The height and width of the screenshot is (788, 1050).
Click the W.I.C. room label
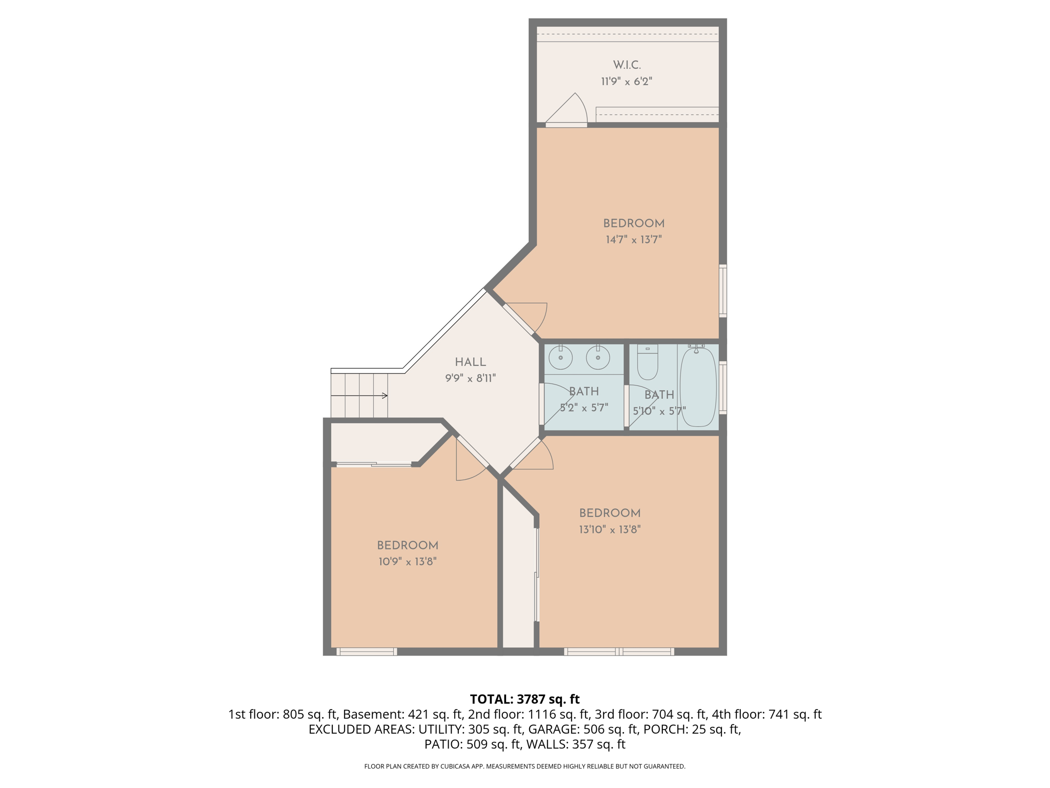point(627,65)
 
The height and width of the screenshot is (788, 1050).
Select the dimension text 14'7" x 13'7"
point(634,240)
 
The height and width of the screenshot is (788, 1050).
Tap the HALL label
point(470,362)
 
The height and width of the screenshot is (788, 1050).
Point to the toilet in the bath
point(648,362)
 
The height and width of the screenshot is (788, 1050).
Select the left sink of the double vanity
point(560,357)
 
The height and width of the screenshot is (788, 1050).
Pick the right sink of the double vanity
point(598,357)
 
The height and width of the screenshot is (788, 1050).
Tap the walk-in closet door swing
point(568,110)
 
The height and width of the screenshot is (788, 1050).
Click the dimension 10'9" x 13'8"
point(407,562)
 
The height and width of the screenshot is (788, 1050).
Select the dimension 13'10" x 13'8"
point(610,529)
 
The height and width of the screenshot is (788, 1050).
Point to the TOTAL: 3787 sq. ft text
point(524,699)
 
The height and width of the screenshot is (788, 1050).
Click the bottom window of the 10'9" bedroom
point(366,652)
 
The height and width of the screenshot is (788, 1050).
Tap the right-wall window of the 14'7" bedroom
point(722,291)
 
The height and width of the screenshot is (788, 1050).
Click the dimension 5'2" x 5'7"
point(584,408)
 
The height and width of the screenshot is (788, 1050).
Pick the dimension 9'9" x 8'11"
point(470,379)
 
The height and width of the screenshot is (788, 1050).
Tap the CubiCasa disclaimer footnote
point(524,766)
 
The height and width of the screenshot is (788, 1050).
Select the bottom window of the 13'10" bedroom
point(619,652)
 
